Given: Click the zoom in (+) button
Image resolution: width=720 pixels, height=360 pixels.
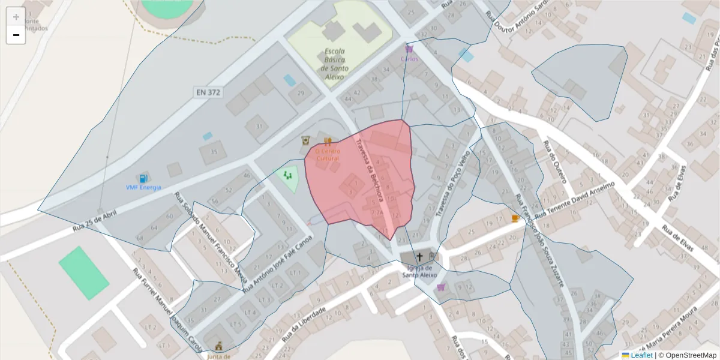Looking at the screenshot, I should (x=16, y=17).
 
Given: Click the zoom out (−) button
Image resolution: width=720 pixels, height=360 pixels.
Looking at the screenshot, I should (x=16, y=35).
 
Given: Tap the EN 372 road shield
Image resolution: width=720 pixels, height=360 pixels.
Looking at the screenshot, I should (x=208, y=92).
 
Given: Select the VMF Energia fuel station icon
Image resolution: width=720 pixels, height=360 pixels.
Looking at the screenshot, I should (x=143, y=178).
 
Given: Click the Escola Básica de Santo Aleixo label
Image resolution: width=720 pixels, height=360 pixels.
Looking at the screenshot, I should (x=334, y=64).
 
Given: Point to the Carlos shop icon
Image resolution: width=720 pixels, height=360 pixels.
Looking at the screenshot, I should (x=409, y=49).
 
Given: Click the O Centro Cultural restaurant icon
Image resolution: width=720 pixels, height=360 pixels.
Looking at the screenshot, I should (x=328, y=142).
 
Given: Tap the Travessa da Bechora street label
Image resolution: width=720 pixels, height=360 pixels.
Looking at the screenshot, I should (x=369, y=170).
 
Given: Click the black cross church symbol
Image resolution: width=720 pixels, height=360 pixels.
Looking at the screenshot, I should (x=419, y=257).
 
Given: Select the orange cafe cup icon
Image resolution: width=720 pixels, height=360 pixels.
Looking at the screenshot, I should (x=515, y=218).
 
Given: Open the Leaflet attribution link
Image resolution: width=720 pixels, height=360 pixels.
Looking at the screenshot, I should (x=641, y=355).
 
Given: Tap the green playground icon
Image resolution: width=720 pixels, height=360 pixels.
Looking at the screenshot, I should (x=289, y=176).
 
